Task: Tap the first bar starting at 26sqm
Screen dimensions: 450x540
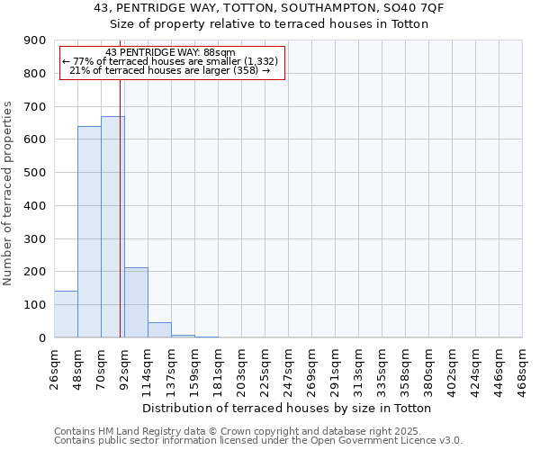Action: pos(66,314)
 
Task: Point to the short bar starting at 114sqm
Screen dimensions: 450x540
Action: pos(159,330)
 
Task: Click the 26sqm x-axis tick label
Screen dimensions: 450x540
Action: pos(55,367)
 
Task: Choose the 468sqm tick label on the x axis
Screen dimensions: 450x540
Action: pos(522,367)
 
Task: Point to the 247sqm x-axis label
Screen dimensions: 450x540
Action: pos(288,367)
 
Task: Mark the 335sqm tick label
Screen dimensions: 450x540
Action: pos(382,367)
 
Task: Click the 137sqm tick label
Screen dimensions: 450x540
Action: pos(172,367)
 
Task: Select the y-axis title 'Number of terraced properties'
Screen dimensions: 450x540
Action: pos(8,193)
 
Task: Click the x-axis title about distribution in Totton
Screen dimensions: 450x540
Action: pos(287,408)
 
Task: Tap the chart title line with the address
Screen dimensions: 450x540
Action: pos(269,8)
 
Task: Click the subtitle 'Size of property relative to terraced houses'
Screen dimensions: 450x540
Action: pos(269,24)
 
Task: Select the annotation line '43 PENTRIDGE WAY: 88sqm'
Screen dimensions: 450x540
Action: pos(170,52)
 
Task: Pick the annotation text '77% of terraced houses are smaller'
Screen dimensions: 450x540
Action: pos(170,61)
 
